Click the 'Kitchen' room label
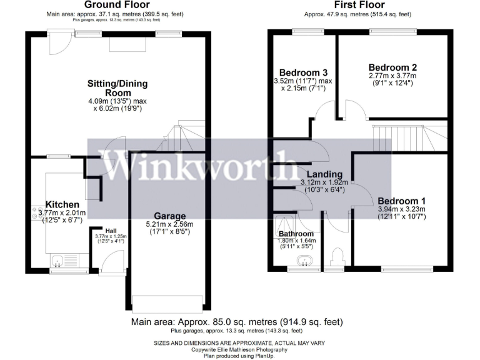pyautogui.click(x=62, y=204)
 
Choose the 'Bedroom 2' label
pyautogui.click(x=392, y=67)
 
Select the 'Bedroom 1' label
pyautogui.click(x=401, y=200)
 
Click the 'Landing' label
pyautogui.click(x=324, y=174)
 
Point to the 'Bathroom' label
pyautogui.click(x=297, y=234)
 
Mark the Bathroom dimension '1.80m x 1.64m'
pyautogui.click(x=297, y=241)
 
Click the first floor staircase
pyautogui.click(x=406, y=136)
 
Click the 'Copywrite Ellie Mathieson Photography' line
pyautogui.click(x=240, y=349)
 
